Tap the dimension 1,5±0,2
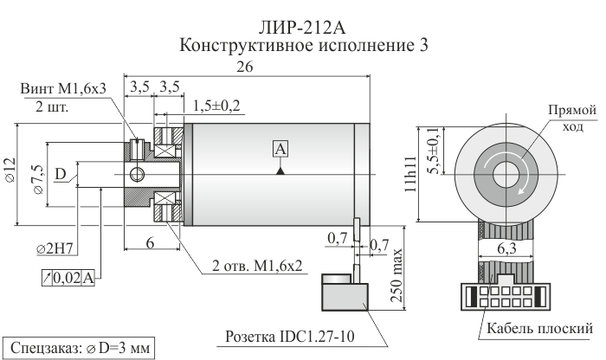217,106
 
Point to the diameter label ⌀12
10,171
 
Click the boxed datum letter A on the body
280,149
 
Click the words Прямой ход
573,119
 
